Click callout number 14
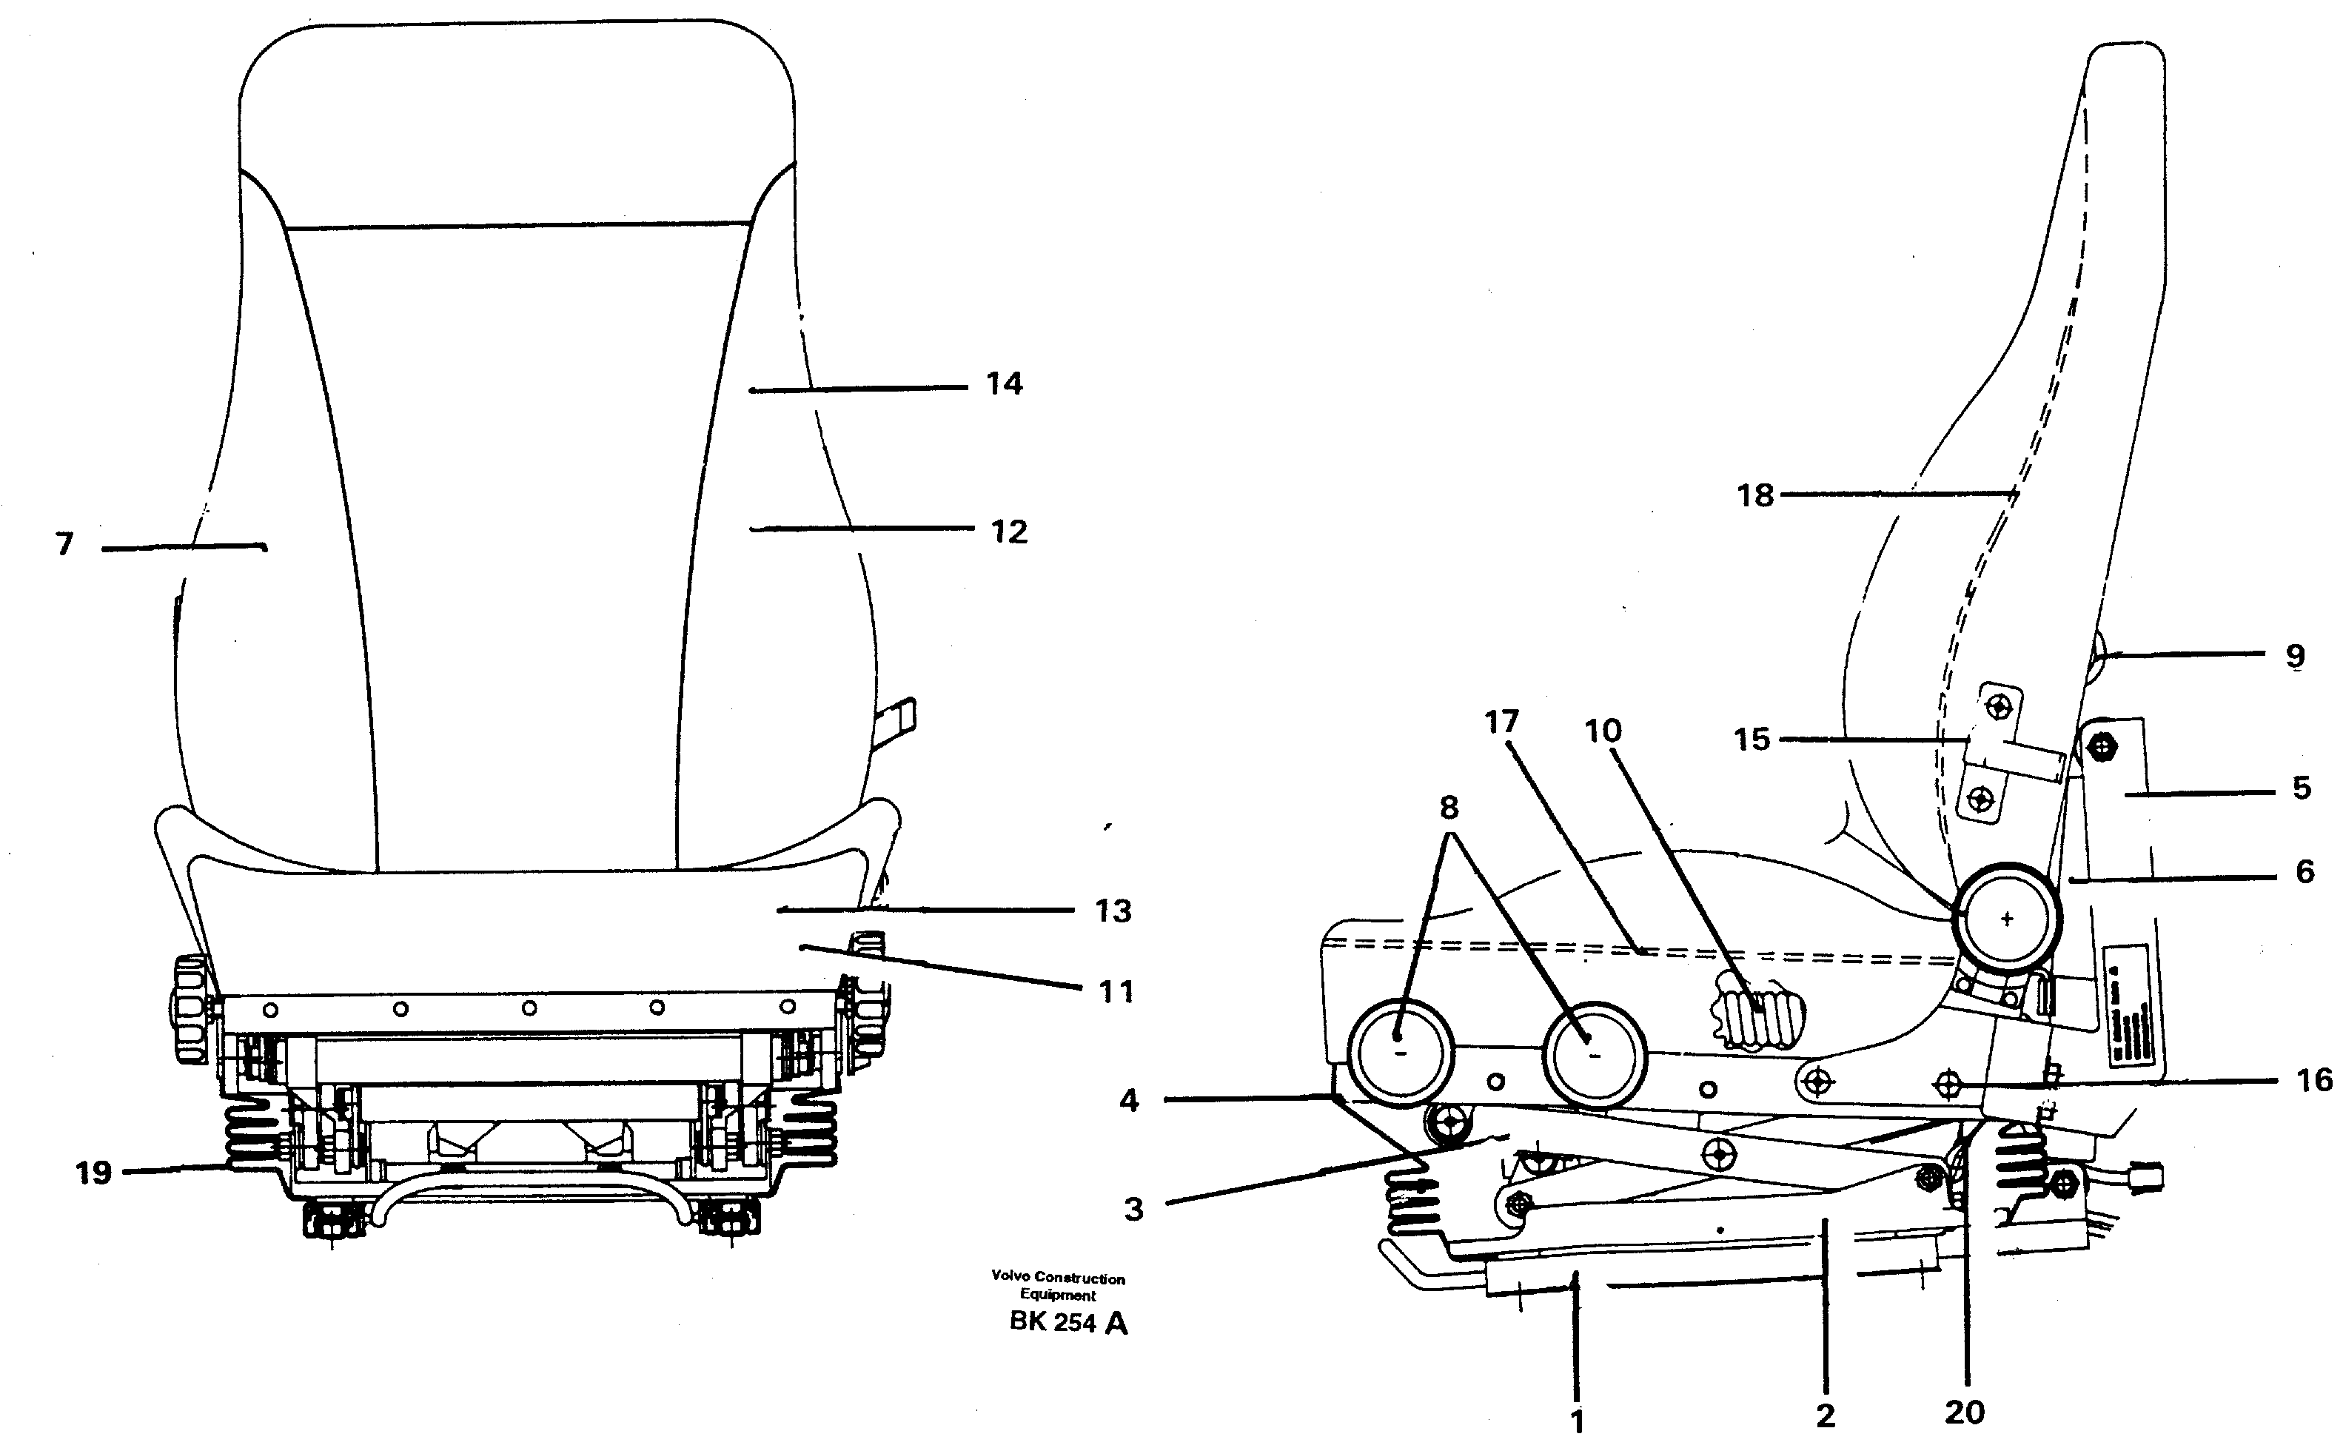point(1005,384)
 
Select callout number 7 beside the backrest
point(64,545)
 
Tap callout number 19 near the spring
point(94,1172)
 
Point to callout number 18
point(1755,495)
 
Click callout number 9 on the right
point(2294,656)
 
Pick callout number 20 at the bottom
point(1964,1412)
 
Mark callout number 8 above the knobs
point(1449,808)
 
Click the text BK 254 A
point(1067,1324)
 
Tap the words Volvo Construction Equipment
point(1057,1286)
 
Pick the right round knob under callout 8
point(1595,1053)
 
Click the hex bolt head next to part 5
point(2102,745)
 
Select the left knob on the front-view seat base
point(192,1008)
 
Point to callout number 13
point(1113,911)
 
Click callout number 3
point(1133,1209)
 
